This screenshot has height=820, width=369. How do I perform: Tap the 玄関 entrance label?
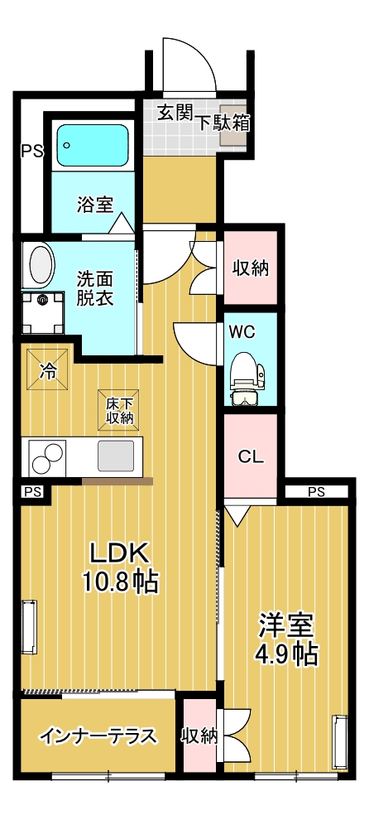click(x=175, y=113)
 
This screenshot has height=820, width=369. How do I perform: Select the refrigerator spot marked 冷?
click(x=49, y=370)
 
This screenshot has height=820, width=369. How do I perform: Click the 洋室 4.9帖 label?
click(x=286, y=637)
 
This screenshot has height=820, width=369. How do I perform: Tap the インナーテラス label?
click(x=98, y=736)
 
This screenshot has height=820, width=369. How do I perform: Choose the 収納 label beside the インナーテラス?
click(x=199, y=736)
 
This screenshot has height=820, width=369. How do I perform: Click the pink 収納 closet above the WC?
click(x=249, y=268)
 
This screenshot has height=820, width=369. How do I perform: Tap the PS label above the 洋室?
click(x=316, y=492)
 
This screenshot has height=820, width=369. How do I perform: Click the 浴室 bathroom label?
click(x=95, y=205)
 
